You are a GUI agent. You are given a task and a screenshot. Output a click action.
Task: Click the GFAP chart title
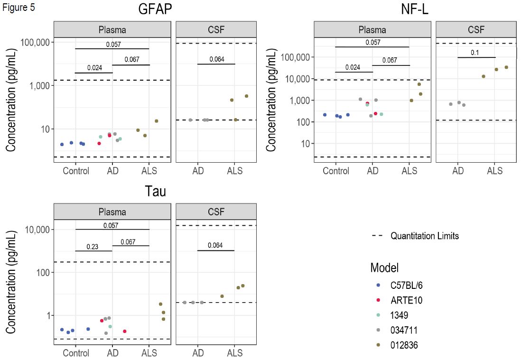pos(155,9)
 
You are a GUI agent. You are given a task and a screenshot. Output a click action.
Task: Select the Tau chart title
pos(155,191)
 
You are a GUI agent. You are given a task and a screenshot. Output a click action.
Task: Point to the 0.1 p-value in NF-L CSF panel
pos(475,53)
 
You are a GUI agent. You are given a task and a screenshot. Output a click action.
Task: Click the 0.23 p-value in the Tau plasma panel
pos(93,247)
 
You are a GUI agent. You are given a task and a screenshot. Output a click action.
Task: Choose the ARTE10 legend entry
pos(406,301)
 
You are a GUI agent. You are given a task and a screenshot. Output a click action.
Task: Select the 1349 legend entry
pos(399,315)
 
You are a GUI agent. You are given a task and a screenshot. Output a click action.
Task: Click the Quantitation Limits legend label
pos(424,236)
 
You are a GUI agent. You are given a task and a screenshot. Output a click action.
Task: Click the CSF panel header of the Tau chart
pos(216,212)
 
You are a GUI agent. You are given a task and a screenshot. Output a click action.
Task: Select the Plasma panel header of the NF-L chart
pos(372,29)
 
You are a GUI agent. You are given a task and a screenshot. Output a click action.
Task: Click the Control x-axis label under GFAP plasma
pos(76,171)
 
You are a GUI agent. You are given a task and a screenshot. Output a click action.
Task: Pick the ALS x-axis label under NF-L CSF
pos(495,171)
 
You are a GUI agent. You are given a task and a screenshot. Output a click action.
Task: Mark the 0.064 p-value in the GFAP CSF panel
pos(216,60)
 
